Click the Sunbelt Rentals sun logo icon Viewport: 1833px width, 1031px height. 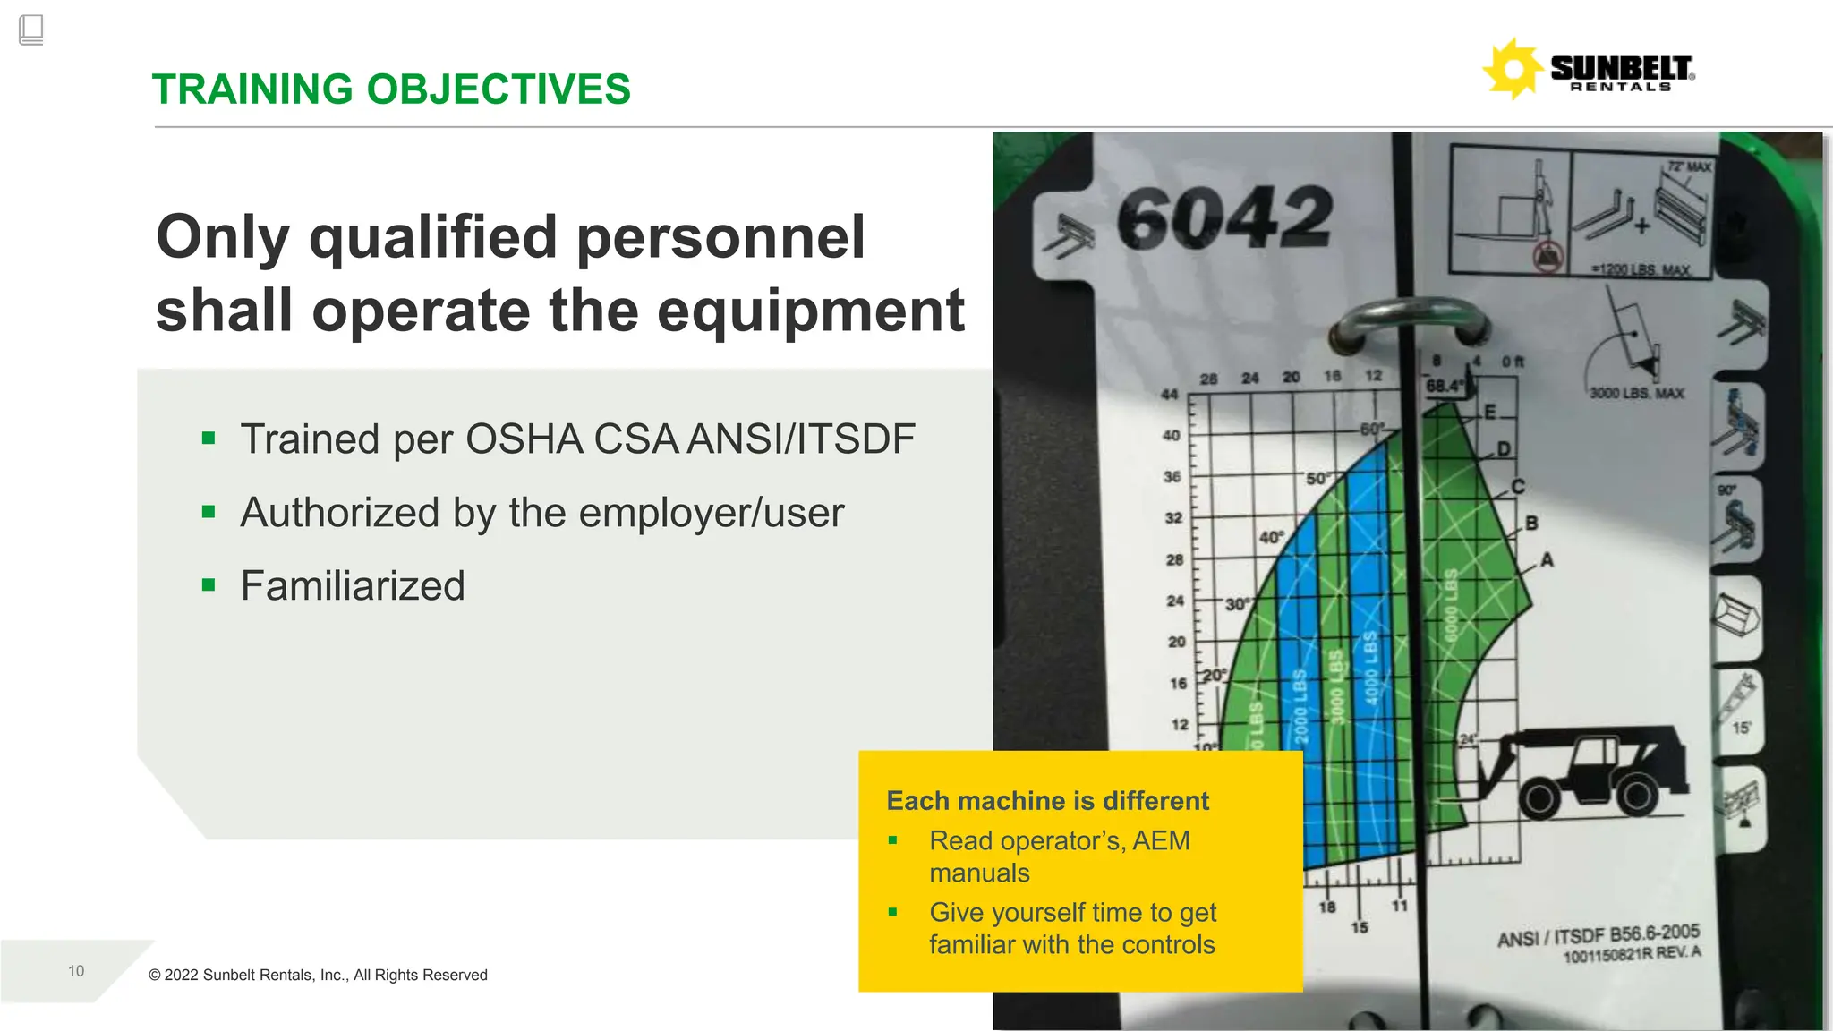(x=1513, y=68)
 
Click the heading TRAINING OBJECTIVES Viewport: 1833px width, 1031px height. (x=391, y=89)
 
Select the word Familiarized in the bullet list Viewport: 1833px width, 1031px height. (x=353, y=586)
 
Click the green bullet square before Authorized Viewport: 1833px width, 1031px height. (x=209, y=512)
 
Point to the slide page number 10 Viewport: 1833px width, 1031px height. (x=76, y=971)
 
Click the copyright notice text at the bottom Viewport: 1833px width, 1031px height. (x=318, y=975)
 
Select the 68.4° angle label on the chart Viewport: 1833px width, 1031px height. (x=1444, y=386)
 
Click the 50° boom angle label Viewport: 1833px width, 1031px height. (x=1318, y=479)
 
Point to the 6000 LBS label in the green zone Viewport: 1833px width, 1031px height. (x=1451, y=605)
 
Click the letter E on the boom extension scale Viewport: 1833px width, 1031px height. (x=1490, y=413)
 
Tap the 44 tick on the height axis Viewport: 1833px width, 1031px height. (x=1169, y=394)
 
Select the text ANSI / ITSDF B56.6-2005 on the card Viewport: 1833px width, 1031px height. (x=1598, y=934)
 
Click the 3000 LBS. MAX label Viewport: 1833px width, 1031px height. (x=1636, y=393)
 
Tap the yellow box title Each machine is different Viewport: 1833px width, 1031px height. (x=1047, y=800)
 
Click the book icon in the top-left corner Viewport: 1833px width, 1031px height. (x=30, y=30)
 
